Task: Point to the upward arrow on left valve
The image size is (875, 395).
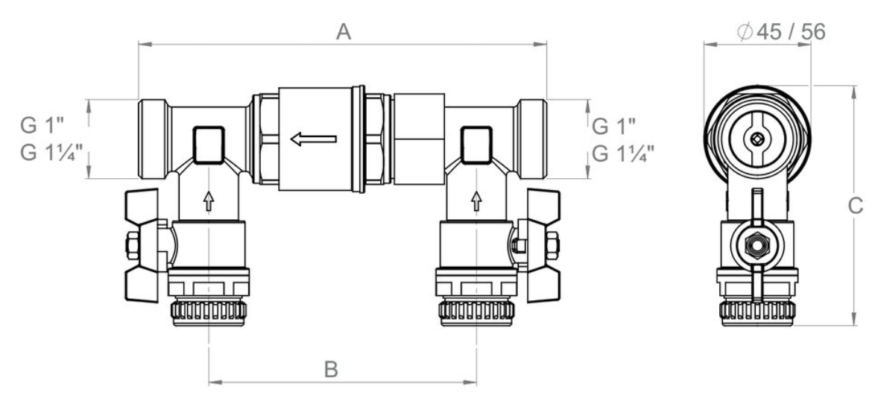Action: coord(210,200)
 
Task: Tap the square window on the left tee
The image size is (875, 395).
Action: coord(209,145)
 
